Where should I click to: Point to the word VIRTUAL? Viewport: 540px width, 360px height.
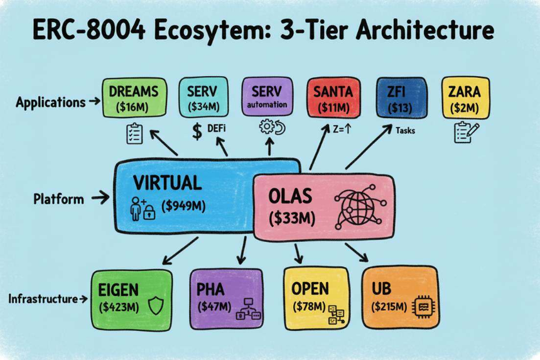tap(167, 183)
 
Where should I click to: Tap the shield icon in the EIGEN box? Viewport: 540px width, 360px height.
tap(154, 305)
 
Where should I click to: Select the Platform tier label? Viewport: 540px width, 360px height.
tap(58, 199)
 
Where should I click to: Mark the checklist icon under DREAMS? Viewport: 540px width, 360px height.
tap(135, 131)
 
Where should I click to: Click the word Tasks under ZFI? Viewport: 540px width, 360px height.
tap(406, 131)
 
